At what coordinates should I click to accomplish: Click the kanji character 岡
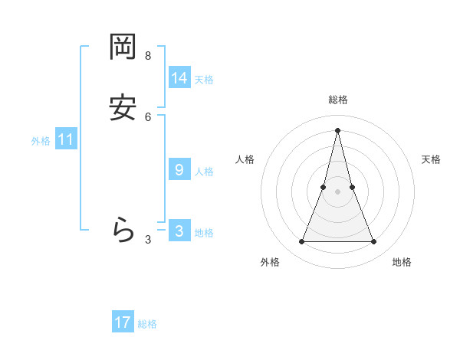pos(123,48)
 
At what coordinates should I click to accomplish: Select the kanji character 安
pos(123,108)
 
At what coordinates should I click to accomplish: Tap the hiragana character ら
pos(123,231)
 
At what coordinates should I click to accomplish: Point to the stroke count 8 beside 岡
pos(148,56)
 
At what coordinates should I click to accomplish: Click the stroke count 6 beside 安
pos(148,116)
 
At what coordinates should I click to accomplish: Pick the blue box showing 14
pos(179,78)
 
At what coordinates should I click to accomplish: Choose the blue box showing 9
pos(179,170)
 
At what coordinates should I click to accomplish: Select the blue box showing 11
pos(66,139)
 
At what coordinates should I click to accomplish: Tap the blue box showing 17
pos(123,322)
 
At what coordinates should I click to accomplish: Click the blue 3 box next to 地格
pos(179,231)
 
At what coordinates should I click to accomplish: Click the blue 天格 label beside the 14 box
pos(204,80)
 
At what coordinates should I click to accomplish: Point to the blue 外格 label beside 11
pos(41,141)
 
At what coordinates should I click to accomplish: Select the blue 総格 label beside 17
pos(147,324)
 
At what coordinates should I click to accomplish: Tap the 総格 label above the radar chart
pos(338,100)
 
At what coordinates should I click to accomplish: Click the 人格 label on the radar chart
pos(245,159)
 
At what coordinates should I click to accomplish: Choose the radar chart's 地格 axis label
pos(402,262)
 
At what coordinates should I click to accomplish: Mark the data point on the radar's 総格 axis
pos(337,129)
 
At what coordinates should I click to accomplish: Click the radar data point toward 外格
pos(301,242)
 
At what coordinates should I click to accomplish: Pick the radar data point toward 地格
pos(374,242)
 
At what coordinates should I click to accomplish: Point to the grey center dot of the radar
pos(337,191)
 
